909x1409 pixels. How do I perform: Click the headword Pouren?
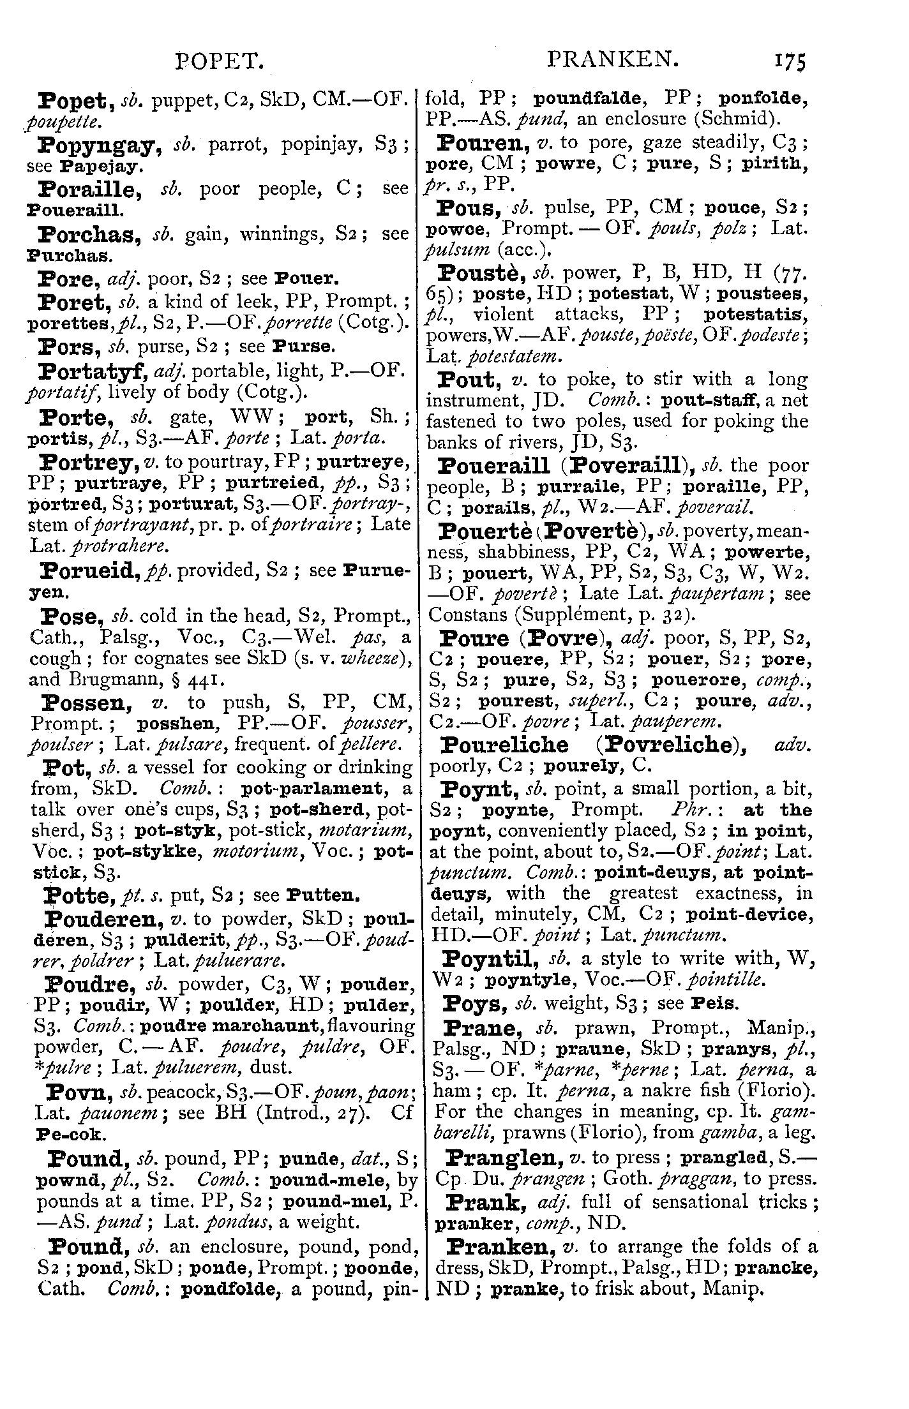[487, 142]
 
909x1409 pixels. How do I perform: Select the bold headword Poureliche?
[504, 745]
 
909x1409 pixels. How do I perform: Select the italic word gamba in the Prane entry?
[721, 1133]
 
